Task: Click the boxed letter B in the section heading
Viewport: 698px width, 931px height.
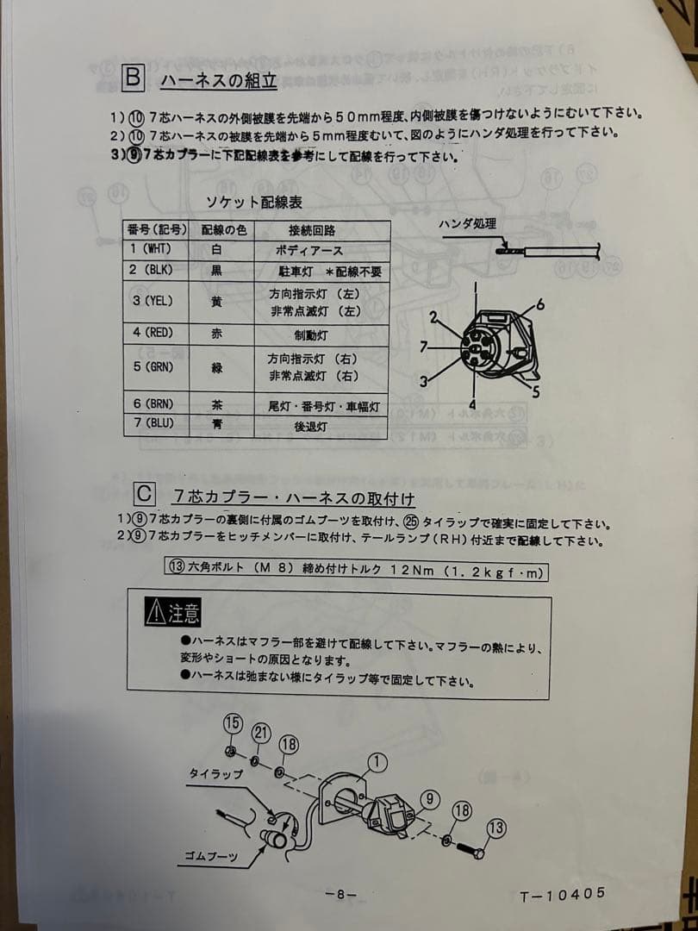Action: point(133,79)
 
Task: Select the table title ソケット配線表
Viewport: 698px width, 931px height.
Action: point(253,203)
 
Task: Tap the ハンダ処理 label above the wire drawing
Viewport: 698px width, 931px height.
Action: point(468,224)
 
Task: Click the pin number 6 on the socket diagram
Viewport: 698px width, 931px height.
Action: point(540,303)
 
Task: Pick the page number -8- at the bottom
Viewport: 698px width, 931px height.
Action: point(340,895)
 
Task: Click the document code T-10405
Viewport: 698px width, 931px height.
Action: point(562,895)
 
